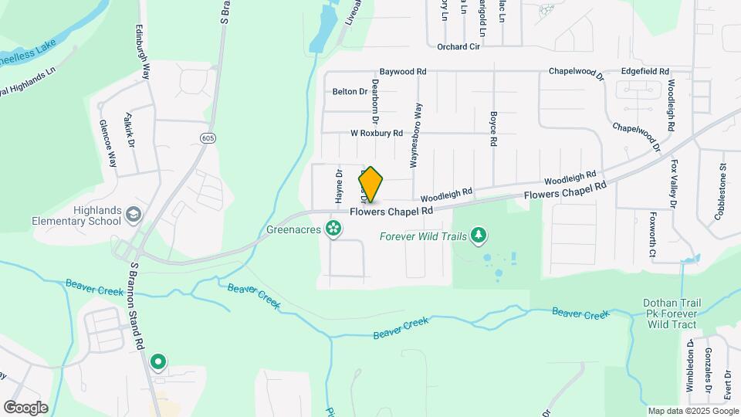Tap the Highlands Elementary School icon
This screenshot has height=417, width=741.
(x=134, y=214)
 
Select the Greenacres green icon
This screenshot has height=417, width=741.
(x=333, y=229)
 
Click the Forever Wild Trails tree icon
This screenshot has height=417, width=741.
(x=479, y=234)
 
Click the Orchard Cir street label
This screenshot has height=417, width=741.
(x=458, y=46)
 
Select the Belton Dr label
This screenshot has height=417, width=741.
(x=350, y=92)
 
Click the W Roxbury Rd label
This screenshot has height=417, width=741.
(x=377, y=133)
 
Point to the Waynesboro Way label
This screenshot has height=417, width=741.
(x=418, y=135)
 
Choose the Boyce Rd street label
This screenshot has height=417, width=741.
(x=492, y=128)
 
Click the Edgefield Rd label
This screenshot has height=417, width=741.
(x=645, y=71)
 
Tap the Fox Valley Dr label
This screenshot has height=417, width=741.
(x=675, y=184)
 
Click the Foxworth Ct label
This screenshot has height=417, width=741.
(x=653, y=234)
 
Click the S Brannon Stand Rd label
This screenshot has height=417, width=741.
(x=137, y=305)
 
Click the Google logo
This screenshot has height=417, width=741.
(x=26, y=407)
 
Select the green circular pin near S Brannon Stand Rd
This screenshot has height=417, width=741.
(x=159, y=361)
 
